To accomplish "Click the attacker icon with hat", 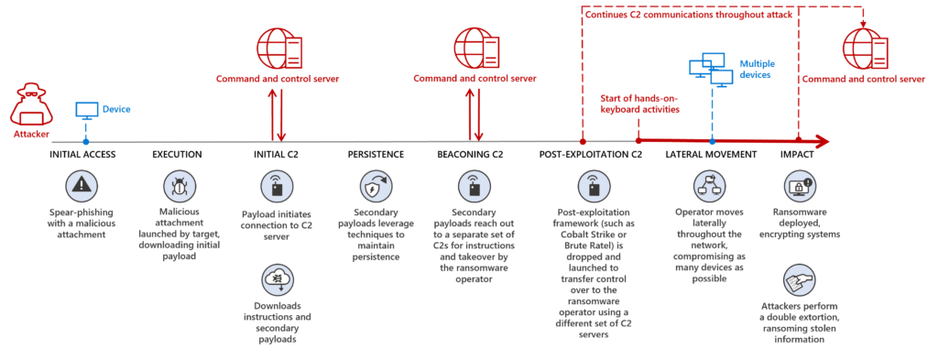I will tap(29, 106).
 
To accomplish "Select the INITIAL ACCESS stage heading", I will tap(82, 154).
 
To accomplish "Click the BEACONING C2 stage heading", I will tap(470, 154).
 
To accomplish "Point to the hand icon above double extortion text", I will tap(797, 277).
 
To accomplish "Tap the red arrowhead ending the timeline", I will tap(822, 142).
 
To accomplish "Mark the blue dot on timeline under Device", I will tap(86, 142).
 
